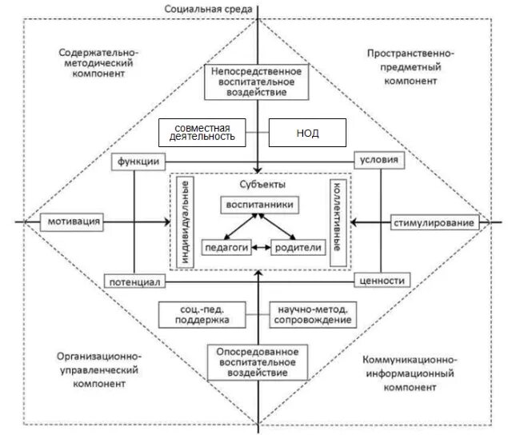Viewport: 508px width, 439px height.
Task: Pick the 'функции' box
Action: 139,162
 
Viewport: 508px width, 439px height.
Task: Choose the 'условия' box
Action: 378,161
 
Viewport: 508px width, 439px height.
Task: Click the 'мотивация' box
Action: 74,221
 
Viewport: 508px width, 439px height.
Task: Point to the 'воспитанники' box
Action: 258,206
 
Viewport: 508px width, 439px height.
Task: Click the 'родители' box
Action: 298,249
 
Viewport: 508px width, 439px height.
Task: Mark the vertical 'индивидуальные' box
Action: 186,222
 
